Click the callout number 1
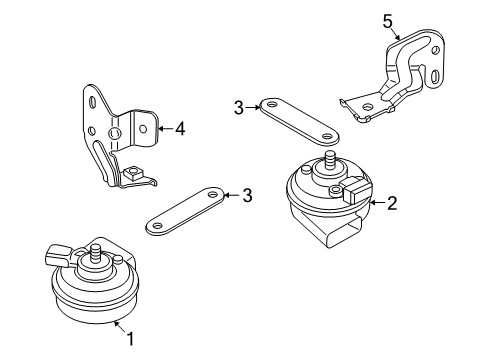[x=130, y=339]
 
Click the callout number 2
[x=391, y=203]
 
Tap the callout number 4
[x=180, y=129]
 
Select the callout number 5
[x=388, y=22]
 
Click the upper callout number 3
[x=239, y=108]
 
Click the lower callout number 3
[x=247, y=195]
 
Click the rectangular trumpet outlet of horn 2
[x=344, y=233]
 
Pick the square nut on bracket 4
[x=132, y=174]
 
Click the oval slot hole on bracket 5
[x=435, y=77]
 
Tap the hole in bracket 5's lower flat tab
[x=368, y=107]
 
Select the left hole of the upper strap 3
[x=273, y=104]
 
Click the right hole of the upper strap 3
[x=328, y=136]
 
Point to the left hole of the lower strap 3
[x=157, y=225]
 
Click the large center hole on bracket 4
[x=114, y=133]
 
